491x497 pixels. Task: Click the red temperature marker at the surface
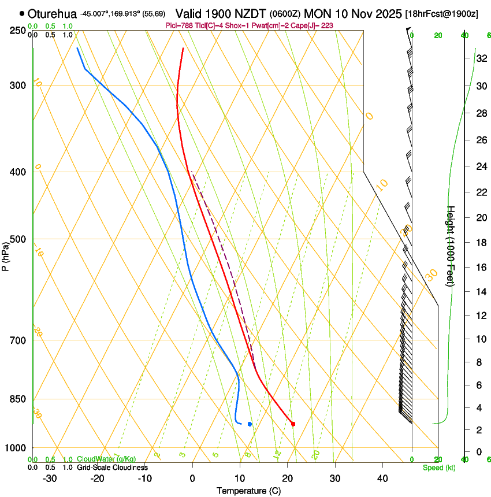pos(293,424)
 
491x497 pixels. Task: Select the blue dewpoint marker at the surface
pos(250,424)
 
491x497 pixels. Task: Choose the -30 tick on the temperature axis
pos(50,478)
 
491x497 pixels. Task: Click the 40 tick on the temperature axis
pos(382,478)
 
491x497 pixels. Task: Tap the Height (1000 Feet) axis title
pos(451,246)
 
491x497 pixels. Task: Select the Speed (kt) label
pos(439,468)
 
